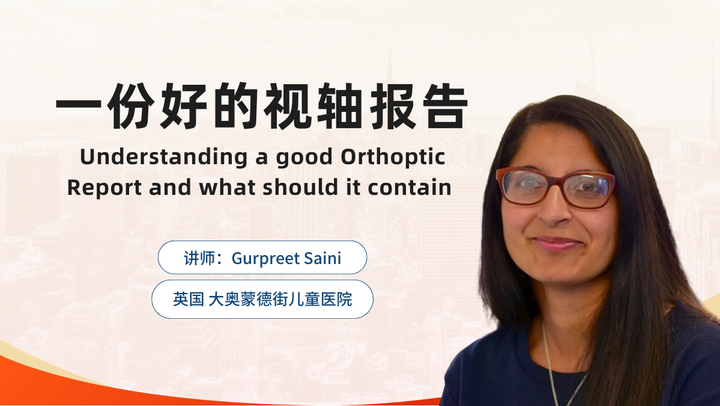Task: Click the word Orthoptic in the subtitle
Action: [393, 158]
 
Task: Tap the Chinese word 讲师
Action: [200, 258]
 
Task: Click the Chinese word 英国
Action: [189, 300]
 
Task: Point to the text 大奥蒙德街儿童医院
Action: [280, 300]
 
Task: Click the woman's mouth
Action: [557, 243]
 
